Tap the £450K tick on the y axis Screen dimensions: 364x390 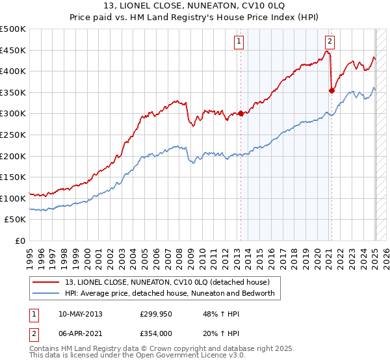tap(13, 51)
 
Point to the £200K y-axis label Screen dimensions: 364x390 tap(13, 156)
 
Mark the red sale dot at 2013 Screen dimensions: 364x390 tap(240, 114)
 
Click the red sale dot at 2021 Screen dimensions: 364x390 tap(331, 91)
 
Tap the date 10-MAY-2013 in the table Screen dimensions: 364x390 tap(81, 313)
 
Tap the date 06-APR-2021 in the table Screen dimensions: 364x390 tap(81, 333)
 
